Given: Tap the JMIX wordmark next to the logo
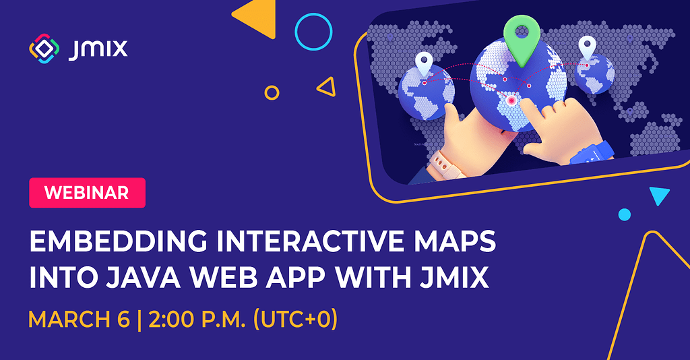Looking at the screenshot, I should point(98,49).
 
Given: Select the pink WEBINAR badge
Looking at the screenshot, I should point(87,193).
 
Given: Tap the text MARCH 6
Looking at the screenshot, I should point(78,318).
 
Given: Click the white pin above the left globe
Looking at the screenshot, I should point(424,64).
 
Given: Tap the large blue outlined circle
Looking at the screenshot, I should point(314,32).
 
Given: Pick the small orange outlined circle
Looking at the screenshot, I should point(272,92).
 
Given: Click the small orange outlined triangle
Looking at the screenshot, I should point(327,86).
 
